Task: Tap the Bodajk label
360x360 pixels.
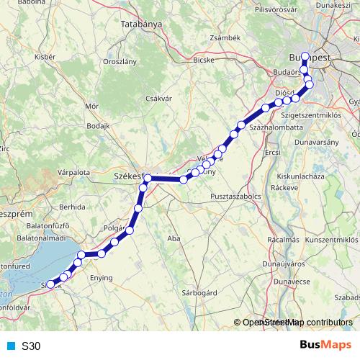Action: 97,125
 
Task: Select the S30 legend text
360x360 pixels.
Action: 31,346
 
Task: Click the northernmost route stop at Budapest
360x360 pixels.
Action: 305,56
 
